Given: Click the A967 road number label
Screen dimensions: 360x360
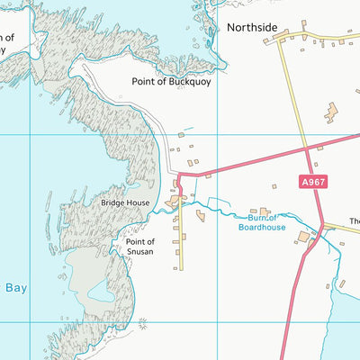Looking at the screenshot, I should pyautogui.click(x=313, y=182).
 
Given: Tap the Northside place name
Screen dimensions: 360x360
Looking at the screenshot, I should pyautogui.click(x=253, y=28).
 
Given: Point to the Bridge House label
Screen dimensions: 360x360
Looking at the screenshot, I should pyautogui.click(x=125, y=204).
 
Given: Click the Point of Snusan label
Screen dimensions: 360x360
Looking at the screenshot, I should pyautogui.click(x=140, y=247).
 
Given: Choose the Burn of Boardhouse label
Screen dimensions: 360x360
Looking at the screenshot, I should pyautogui.click(x=262, y=222).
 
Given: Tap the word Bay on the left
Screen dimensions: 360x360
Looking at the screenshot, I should pyautogui.click(x=16, y=288).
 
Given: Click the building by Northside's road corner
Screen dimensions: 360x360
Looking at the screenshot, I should pyautogui.click(x=281, y=37).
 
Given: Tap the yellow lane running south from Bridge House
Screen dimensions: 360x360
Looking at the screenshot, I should pyautogui.click(x=180, y=238).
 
